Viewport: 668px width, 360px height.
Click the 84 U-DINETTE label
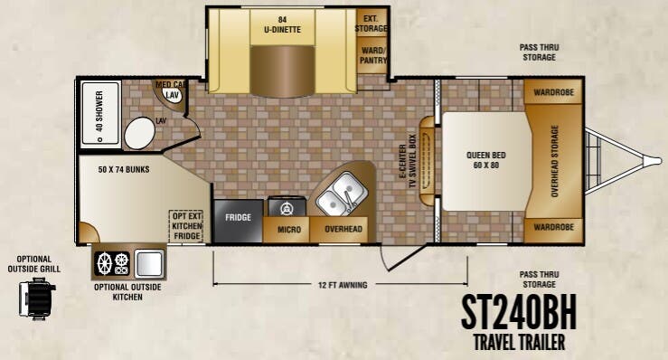282,24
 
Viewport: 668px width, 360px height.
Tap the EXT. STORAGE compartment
372,23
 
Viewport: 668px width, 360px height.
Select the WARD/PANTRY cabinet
372,55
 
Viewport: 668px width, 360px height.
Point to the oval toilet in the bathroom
140,133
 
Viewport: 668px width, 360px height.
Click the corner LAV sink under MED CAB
172,95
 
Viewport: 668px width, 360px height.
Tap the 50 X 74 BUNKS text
124,169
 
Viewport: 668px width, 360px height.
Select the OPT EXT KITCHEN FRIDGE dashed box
186,226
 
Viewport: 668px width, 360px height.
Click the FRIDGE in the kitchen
238,221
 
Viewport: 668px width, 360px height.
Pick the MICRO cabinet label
289,230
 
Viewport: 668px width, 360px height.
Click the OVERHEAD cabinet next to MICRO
343,230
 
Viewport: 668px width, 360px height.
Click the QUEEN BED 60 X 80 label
485,160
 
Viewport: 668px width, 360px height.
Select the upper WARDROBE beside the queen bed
553,91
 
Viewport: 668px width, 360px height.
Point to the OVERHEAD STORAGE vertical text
554,161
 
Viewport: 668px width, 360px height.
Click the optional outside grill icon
37,298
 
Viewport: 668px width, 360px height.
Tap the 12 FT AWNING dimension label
343,285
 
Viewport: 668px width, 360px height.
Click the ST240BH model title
519,311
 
